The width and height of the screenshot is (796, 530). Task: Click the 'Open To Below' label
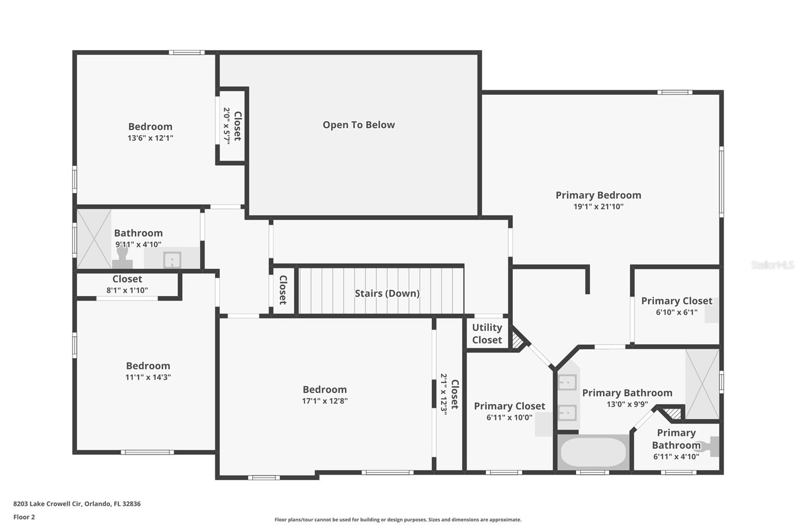click(358, 125)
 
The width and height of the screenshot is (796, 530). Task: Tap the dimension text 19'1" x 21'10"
click(598, 207)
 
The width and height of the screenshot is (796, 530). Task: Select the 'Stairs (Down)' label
click(387, 293)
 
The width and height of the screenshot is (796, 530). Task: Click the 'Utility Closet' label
click(487, 334)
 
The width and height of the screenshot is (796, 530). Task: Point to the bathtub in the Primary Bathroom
click(593, 452)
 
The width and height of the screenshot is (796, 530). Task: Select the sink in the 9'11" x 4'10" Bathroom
click(172, 259)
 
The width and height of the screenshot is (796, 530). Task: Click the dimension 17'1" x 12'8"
click(324, 401)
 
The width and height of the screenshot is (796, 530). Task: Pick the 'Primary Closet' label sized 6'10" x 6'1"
click(676, 301)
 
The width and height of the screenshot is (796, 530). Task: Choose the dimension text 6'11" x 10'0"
click(509, 418)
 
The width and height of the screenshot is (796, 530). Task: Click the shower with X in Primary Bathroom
click(702, 383)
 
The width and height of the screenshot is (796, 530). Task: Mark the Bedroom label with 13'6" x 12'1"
click(150, 127)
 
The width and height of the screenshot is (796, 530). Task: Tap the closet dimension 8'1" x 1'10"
click(127, 290)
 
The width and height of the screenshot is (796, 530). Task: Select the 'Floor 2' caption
click(24, 517)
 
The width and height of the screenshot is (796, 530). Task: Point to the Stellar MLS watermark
click(772, 265)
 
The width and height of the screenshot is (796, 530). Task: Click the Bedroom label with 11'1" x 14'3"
click(148, 366)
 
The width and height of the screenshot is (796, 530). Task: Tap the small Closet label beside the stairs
click(283, 290)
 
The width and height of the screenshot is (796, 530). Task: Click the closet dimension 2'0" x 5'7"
click(226, 126)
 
